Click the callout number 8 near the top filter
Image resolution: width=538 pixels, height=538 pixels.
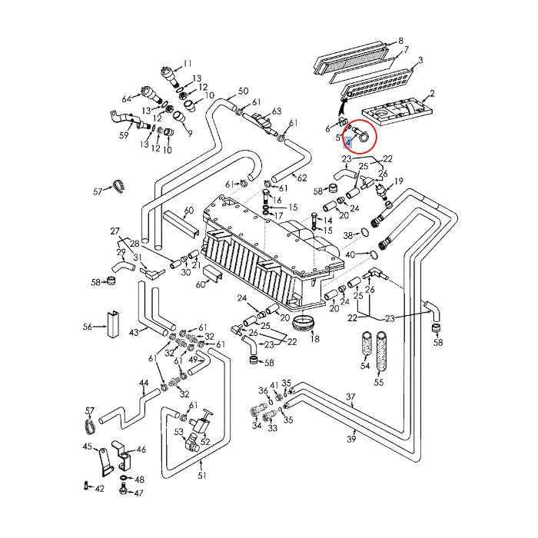(400, 40)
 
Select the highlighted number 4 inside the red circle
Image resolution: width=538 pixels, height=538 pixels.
(348, 142)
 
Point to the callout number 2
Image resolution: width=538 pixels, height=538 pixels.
(432, 94)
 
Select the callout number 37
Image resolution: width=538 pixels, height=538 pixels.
(351, 397)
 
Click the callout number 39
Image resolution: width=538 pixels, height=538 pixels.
(351, 439)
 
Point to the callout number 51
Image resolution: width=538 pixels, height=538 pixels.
(202, 476)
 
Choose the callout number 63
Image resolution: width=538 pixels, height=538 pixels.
(277, 111)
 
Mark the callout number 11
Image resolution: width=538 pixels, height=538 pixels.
(188, 63)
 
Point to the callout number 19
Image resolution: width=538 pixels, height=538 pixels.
(399, 181)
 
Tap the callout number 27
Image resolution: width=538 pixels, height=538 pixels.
(115, 231)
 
